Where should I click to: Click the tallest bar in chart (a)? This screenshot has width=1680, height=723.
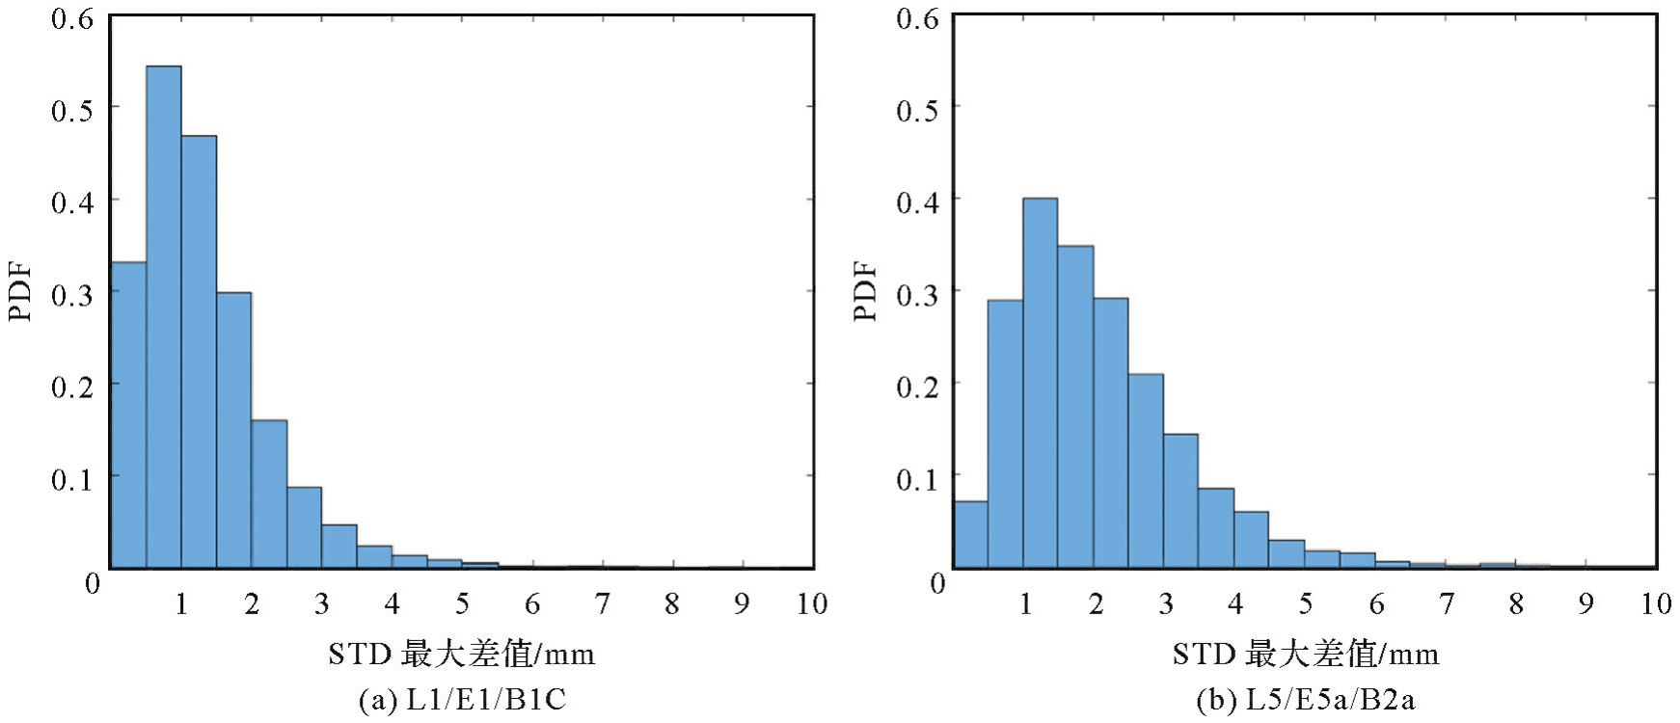pos(163,318)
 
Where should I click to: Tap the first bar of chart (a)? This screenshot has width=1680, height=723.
pos(128,415)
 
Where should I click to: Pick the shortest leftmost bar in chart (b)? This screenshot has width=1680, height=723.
pos(970,535)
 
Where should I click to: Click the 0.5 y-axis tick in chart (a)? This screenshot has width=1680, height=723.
pos(72,110)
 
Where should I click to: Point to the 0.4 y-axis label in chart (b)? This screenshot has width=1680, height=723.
pos(917,202)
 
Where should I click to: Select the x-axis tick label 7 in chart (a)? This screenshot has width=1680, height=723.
pos(602,604)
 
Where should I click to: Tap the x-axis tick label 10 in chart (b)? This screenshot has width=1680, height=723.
pos(1655,604)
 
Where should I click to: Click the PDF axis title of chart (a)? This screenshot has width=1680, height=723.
pos(20,291)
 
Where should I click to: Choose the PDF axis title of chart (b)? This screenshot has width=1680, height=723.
pos(865,291)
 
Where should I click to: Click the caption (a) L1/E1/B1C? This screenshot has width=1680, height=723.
pos(462,699)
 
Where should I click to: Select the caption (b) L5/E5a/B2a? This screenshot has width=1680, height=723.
pos(1306,699)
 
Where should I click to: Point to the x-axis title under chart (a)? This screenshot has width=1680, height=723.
pos(461,655)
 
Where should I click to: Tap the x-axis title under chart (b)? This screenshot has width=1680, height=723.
pos(1306,655)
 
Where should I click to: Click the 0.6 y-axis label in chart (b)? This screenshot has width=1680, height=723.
pos(917,18)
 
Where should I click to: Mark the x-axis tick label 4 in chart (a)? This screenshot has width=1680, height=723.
pos(392,604)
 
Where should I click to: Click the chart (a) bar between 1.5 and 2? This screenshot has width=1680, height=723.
pos(233,430)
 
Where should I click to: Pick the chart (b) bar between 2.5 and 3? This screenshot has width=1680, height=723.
pos(1146,471)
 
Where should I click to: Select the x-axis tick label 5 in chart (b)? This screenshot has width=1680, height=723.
pos(1305,604)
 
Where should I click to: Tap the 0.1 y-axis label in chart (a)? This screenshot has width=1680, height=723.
pos(72,479)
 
